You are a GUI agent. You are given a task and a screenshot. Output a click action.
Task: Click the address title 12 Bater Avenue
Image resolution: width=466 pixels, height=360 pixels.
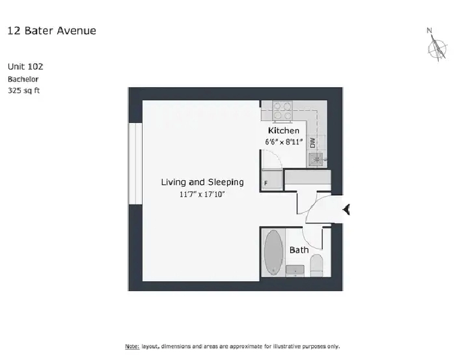pyautogui.click(x=51, y=31)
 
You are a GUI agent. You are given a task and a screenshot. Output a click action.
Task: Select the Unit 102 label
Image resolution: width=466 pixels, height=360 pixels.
pyautogui.click(x=25, y=66)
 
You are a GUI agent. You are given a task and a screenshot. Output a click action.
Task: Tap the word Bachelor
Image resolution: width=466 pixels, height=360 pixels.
pyautogui.click(x=23, y=79)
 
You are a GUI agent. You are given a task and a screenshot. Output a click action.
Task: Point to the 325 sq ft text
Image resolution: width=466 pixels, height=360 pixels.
pyautogui.click(x=24, y=90)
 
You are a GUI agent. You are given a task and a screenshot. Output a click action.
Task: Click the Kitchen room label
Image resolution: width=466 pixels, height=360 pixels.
pyautogui.click(x=284, y=130)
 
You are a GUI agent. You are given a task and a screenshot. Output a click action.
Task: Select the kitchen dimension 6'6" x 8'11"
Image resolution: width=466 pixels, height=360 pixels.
pyautogui.click(x=284, y=142)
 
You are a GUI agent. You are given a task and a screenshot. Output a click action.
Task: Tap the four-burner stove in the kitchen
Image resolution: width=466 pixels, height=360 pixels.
pyautogui.click(x=282, y=111)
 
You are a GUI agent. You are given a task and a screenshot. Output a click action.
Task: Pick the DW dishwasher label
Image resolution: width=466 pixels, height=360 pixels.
pyautogui.click(x=312, y=143)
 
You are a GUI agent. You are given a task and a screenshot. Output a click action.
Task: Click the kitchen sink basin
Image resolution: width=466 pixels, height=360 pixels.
pyautogui.click(x=316, y=159)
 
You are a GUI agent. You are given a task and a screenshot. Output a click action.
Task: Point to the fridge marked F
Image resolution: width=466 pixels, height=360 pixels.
pyautogui.click(x=272, y=180)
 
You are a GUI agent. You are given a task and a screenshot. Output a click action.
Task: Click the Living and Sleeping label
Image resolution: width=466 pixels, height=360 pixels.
pyautogui.click(x=202, y=182)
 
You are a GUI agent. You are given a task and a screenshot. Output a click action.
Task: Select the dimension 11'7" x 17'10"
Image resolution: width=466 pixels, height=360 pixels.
pyautogui.click(x=202, y=195)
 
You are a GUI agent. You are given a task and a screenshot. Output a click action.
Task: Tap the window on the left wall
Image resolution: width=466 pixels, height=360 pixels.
pyautogui.click(x=135, y=163)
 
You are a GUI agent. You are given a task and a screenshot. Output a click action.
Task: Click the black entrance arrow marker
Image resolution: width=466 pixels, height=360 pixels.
pyautogui.click(x=346, y=210)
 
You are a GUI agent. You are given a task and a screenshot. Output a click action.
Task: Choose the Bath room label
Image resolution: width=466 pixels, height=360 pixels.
pyautogui.click(x=299, y=250)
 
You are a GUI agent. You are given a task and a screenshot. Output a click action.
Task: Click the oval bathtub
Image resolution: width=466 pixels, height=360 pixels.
pyautogui.click(x=273, y=253)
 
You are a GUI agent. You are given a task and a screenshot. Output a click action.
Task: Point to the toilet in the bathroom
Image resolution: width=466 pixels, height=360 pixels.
pyautogui.click(x=316, y=266)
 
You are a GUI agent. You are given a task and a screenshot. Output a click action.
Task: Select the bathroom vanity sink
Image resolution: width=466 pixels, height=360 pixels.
pyautogui.click(x=295, y=270)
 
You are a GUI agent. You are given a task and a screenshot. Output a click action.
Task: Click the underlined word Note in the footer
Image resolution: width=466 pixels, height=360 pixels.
pyautogui.click(x=132, y=346)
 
